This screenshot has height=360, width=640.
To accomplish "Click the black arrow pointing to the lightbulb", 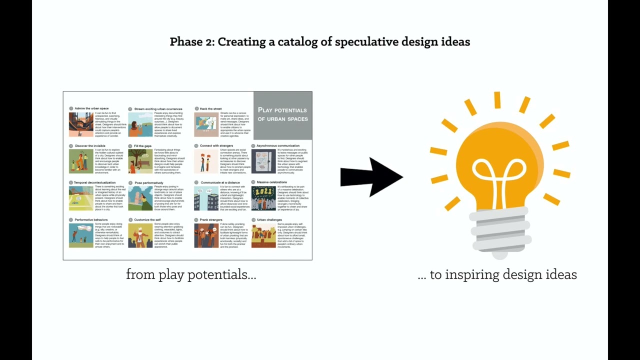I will [370, 177].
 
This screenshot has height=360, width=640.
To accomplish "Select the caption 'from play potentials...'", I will [191, 274].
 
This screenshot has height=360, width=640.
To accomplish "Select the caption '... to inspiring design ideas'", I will [497, 274].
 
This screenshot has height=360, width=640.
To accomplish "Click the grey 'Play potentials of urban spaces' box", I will [282, 115].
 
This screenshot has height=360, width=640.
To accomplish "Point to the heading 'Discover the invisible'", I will [90, 146].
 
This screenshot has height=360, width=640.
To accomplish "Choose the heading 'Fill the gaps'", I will [142, 146].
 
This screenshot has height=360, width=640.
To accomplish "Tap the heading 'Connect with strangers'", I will [216, 146].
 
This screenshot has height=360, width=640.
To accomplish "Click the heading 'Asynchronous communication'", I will [278, 146].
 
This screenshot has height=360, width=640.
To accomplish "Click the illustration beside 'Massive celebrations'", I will [263, 198].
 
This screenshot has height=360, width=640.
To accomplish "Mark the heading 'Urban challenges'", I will [269, 219].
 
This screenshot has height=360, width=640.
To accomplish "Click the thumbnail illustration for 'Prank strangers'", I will [206, 235].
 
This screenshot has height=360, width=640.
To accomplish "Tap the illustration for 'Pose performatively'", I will [140, 198].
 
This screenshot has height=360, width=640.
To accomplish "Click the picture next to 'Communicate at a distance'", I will [206, 198].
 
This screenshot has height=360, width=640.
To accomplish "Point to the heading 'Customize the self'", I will [147, 219].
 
